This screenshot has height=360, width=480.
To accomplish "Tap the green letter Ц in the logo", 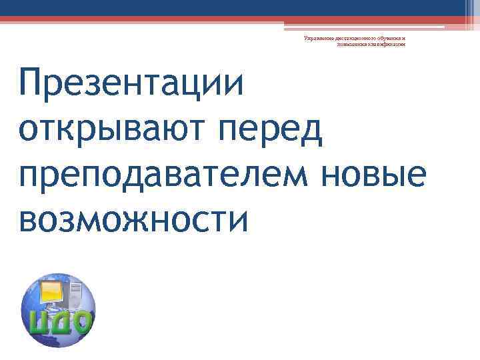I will pos(37,322).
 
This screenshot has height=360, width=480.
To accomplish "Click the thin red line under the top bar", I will pos(240,20).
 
